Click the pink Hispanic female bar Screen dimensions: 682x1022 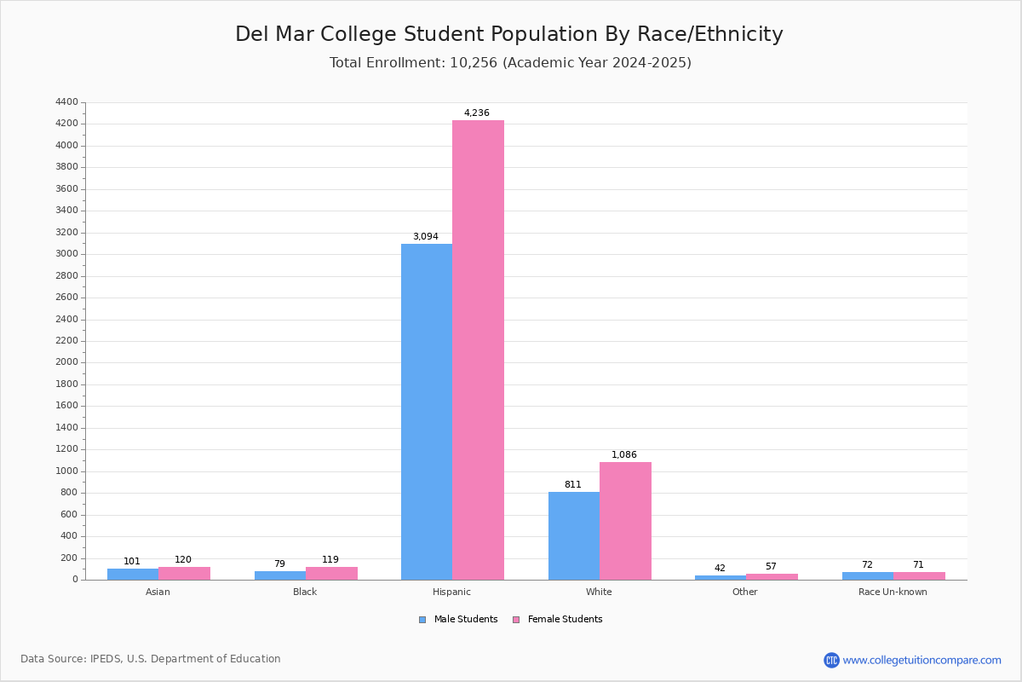[x=478, y=350]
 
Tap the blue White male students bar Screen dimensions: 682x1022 [x=574, y=535]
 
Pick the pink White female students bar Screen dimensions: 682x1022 [x=625, y=521]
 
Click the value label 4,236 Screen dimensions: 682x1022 [x=477, y=113]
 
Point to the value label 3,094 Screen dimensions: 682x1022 [x=426, y=236]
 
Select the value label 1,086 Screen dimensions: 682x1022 [x=624, y=454]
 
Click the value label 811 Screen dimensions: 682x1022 [x=572, y=484]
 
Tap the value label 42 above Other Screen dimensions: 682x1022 [x=720, y=568]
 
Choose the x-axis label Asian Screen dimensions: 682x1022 [x=158, y=592]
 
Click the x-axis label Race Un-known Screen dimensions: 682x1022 [x=893, y=592]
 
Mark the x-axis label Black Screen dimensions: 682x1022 [x=305, y=592]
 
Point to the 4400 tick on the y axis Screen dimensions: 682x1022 [x=66, y=102]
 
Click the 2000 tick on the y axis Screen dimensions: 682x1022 [x=66, y=362]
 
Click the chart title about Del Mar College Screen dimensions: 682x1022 [x=509, y=34]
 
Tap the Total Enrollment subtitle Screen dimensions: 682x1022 [x=510, y=63]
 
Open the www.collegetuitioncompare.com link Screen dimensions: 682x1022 [x=922, y=660]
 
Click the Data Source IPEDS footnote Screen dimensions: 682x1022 [x=151, y=659]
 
